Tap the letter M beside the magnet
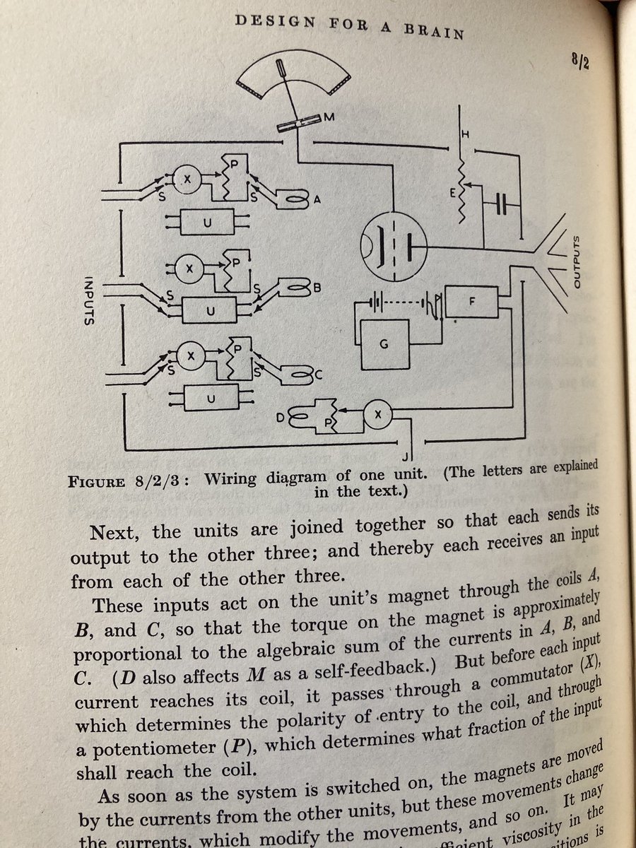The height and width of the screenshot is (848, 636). click(x=328, y=118)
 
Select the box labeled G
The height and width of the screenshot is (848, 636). click(x=384, y=344)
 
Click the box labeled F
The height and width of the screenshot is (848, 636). click(x=472, y=302)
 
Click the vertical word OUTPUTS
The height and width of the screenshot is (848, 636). click(x=575, y=262)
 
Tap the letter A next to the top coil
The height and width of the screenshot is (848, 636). click(x=317, y=200)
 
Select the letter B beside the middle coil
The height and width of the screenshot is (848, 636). click(x=317, y=288)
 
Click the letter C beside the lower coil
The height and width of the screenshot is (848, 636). click(x=318, y=375)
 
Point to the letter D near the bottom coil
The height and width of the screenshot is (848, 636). click(x=280, y=418)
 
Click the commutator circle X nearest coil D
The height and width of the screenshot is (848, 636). click(x=377, y=416)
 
